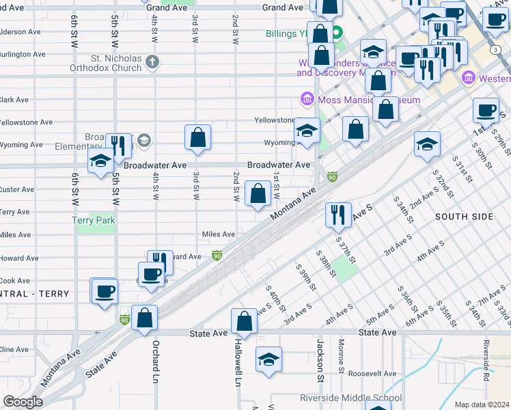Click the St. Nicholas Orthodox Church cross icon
tap(152, 62)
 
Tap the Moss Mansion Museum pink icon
tap(307, 100)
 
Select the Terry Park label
tap(94, 220)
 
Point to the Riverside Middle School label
tap(351, 398)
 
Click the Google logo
tap(23, 402)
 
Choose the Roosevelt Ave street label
tap(372, 373)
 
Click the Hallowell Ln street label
tap(238, 362)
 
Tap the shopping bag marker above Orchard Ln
tap(145, 318)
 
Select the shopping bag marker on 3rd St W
tap(197, 137)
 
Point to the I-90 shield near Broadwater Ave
tap(333, 176)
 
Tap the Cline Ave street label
tap(14, 349)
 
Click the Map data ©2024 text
tap(482, 405)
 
